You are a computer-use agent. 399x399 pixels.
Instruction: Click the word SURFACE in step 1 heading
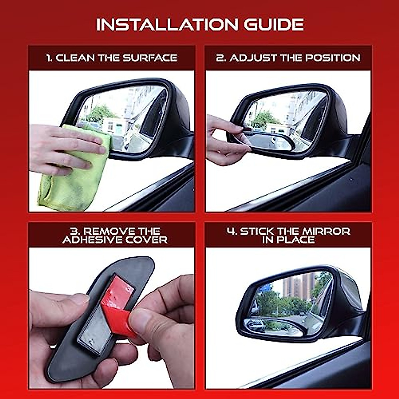click(x=150, y=58)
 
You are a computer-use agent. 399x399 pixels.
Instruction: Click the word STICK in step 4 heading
click(x=257, y=231)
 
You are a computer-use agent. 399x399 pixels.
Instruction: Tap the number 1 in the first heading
click(x=49, y=58)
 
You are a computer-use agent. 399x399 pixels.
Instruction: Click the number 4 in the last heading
click(x=231, y=231)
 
